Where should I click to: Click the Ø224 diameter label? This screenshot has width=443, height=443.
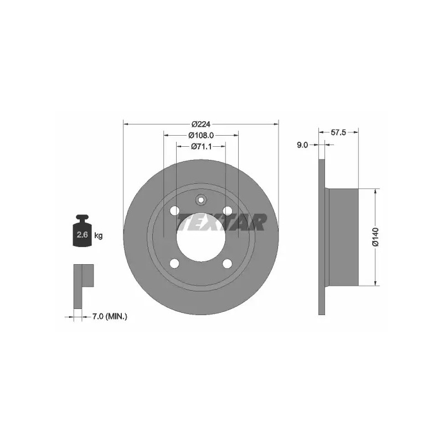(x=201, y=124)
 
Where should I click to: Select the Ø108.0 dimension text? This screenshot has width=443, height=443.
(x=201, y=135)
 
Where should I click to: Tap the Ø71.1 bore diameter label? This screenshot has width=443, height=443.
(x=201, y=146)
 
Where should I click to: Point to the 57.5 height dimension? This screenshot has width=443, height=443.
(x=338, y=132)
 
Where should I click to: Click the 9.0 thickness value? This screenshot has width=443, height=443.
(x=302, y=145)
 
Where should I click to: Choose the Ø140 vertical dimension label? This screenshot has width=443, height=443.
(x=375, y=237)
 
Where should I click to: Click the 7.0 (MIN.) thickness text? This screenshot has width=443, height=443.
(x=110, y=317)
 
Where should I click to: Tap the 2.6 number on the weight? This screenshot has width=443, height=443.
(x=82, y=234)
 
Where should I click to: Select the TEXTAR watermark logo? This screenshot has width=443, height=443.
(x=222, y=222)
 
